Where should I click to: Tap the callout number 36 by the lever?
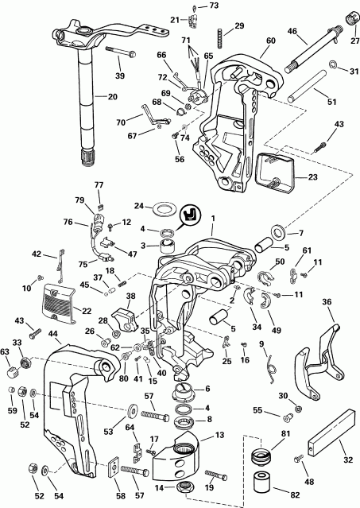point(327,302)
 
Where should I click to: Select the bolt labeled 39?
point(113,55)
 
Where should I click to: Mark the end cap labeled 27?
point(350,17)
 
